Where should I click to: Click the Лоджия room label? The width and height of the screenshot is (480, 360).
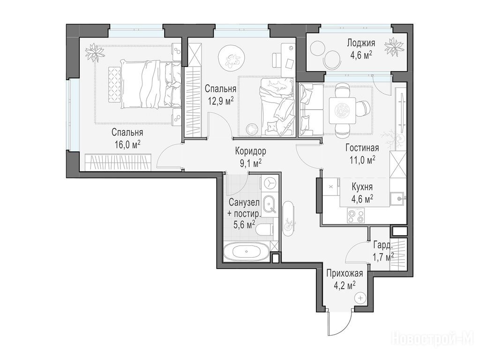click(x=361, y=43)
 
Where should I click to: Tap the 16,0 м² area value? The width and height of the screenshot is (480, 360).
click(x=127, y=144)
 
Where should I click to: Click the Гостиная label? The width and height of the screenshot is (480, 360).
click(x=362, y=148)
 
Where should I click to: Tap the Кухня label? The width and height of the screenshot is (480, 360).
click(x=362, y=187)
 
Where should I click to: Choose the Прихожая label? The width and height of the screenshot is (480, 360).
click(x=345, y=273)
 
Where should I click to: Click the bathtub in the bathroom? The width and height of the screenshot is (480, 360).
click(x=247, y=252)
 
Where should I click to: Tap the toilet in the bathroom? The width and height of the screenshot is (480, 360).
click(x=264, y=229)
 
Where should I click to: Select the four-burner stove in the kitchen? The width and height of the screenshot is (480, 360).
click(x=356, y=216)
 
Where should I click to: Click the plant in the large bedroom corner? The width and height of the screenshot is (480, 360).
click(x=95, y=53)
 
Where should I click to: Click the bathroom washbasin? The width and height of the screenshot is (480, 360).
click(x=270, y=204)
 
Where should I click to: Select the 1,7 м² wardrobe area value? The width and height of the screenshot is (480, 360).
click(x=383, y=256)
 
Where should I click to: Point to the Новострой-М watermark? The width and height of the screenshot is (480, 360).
click(x=433, y=339)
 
